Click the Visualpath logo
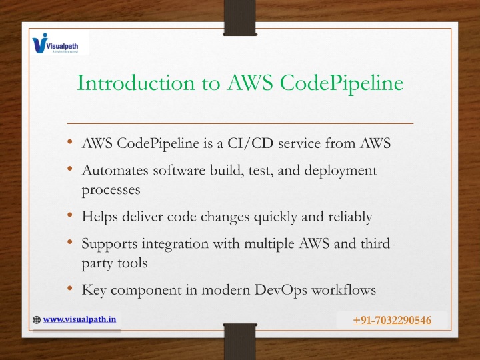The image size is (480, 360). point(55,43)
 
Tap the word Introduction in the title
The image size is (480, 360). point(135,83)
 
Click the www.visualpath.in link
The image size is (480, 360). point(79,319)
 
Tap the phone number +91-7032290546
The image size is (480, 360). point(392,320)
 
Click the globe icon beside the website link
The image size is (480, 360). point(37,320)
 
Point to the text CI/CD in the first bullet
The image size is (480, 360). point(250,143)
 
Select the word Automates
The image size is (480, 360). point(115,170)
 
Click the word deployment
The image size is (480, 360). point(341,171)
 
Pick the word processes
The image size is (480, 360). point(111,191)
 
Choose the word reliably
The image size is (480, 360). point(350,217)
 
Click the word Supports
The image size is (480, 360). point(109,245)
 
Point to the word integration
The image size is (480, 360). point(175,245)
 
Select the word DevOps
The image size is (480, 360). point(281,290)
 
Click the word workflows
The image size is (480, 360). point(343,289)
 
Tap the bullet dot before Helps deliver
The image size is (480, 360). point(70,215)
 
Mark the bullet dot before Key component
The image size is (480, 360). point(70,288)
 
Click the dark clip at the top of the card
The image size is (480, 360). point(240,18)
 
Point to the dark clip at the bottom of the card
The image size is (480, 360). point(240,341)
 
